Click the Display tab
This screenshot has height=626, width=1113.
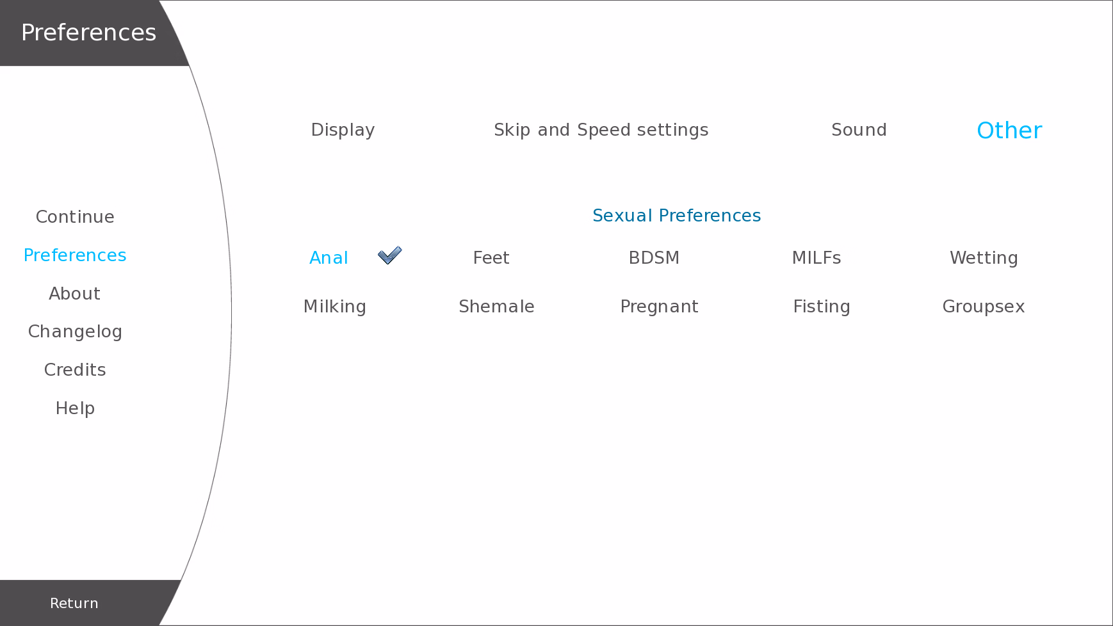coord(343,130)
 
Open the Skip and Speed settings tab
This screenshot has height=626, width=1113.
coord(601,130)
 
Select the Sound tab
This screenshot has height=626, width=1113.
coord(859,130)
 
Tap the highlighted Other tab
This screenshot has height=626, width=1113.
coord(1009,131)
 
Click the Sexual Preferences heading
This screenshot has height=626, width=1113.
coord(676,216)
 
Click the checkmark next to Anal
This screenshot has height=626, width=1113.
coord(389,255)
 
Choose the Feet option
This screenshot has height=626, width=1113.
coord(491,258)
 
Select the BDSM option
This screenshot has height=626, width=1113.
coord(654,258)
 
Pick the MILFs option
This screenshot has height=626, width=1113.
coord(816,258)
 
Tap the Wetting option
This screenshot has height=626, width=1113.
coord(984,258)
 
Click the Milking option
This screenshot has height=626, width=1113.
coord(334,307)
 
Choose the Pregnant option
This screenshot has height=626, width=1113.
coord(659,307)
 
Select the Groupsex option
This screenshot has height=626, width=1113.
coord(984,307)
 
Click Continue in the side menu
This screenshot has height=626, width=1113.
coord(75,217)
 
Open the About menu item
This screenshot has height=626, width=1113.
coord(75,294)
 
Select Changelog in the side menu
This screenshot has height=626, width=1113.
coord(75,332)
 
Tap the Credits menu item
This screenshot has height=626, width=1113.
coord(75,370)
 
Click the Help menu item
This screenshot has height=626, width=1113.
coord(75,408)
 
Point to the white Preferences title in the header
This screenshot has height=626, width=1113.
coord(88,33)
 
